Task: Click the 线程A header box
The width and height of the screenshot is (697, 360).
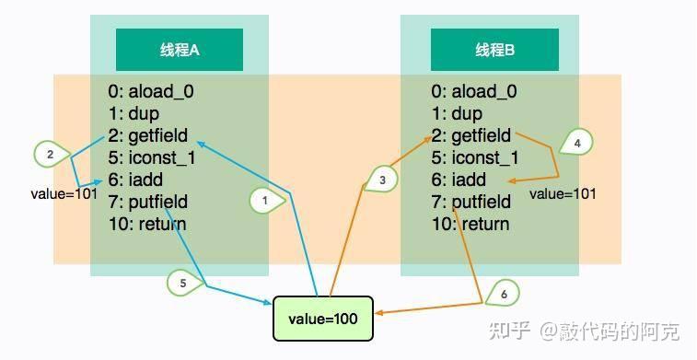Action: coord(180,50)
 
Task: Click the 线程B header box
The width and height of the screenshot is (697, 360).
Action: coord(494,50)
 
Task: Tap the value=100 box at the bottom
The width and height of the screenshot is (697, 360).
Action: coord(322,318)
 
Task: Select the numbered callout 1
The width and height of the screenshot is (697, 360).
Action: coord(265,199)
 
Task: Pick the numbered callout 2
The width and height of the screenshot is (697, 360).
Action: coord(49,154)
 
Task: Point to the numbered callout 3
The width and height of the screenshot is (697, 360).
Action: coord(381,180)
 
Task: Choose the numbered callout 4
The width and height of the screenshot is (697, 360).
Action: coord(576,143)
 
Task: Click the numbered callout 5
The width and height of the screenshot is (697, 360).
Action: coord(183,283)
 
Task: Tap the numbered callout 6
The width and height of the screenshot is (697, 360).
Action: coord(502,295)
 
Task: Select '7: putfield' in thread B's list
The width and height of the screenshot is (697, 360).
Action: coord(470,202)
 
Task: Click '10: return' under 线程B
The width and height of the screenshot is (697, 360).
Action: coord(470,224)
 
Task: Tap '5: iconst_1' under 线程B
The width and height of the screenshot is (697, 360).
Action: coord(474,157)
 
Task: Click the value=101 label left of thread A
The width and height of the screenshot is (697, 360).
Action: coord(64,194)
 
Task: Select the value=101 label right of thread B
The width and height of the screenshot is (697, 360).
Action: coord(563,194)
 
